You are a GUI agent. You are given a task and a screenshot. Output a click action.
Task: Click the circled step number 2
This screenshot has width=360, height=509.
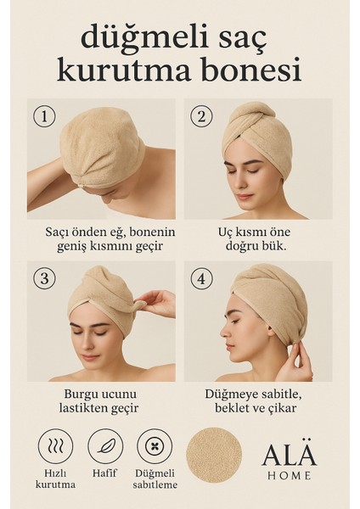point(202,114)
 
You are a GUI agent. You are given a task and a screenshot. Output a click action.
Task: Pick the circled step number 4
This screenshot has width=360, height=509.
point(202,277)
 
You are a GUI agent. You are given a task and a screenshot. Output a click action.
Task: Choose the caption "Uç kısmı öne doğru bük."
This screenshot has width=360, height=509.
point(266,238)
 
